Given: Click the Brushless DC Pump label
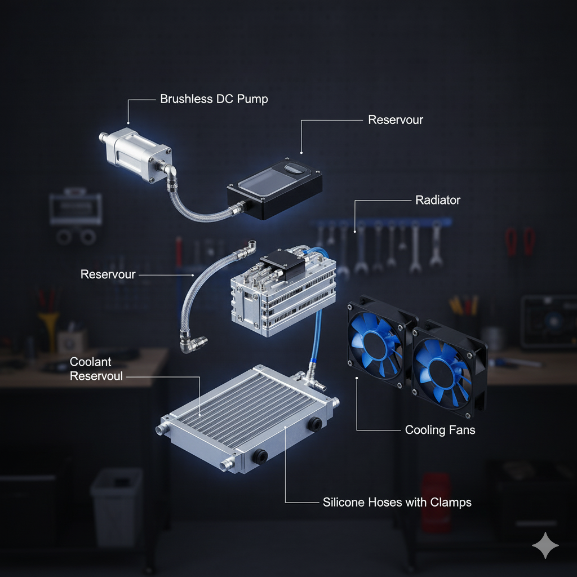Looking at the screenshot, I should pos(214,99).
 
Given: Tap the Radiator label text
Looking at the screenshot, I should pos(437,200).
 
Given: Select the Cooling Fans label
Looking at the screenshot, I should pos(440,430).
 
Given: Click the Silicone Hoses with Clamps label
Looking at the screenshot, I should pos(397,501).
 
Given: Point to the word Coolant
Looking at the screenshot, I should pos(91,362).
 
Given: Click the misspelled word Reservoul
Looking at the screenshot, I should pos(96,376).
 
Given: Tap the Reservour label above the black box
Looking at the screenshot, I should pos(395,119).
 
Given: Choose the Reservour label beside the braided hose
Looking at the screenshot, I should pos(108,274).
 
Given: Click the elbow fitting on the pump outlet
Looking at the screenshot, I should pos(167,169).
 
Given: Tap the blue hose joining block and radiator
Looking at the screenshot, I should pos(318,338).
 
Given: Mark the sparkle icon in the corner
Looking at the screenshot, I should pos(545,545).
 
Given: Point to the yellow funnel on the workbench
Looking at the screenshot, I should pos(48,327).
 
